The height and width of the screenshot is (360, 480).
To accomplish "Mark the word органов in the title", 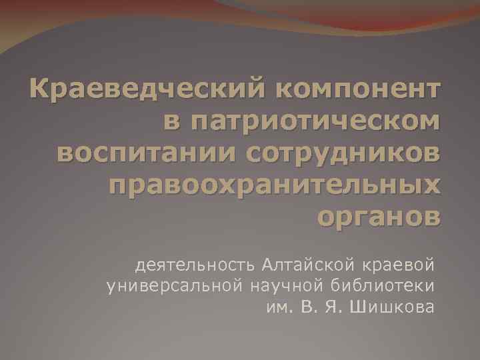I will tap(379, 219).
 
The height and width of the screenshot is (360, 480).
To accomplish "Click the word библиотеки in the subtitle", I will tap(383, 286).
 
